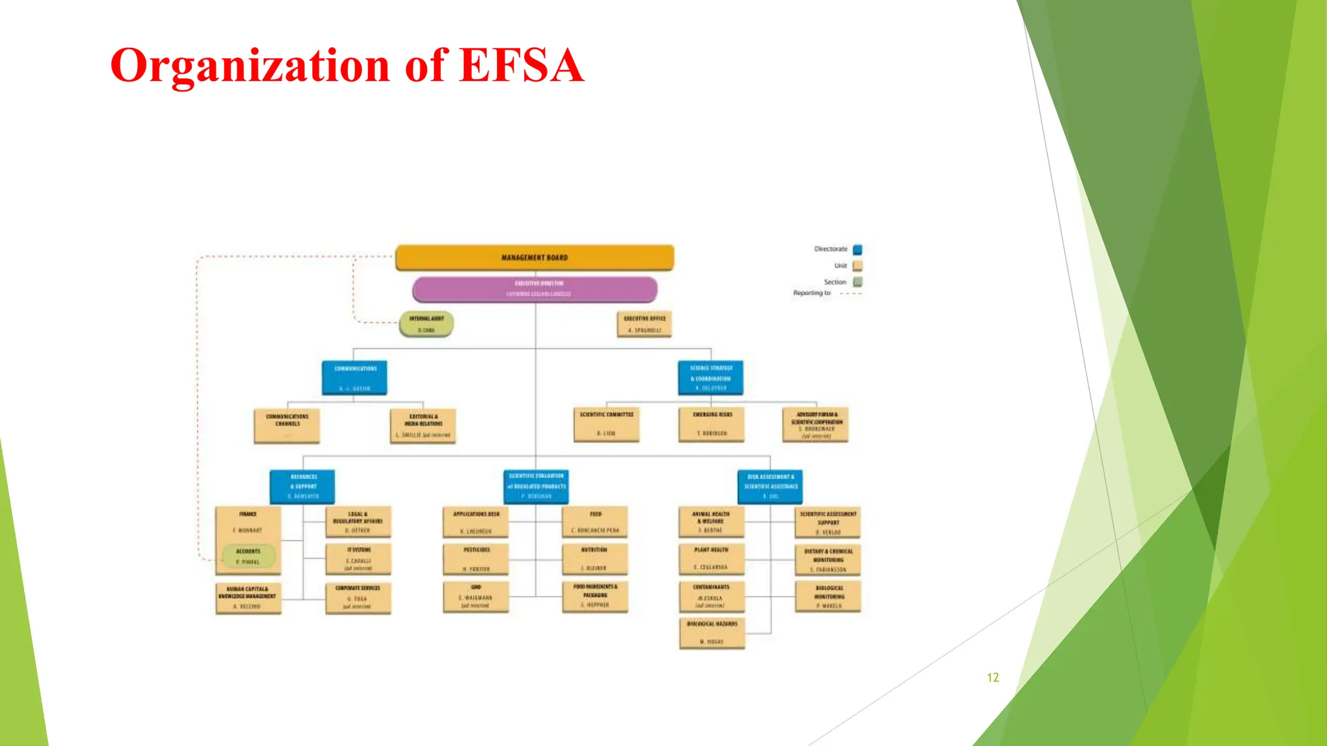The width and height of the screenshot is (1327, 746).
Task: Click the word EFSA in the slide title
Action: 521,65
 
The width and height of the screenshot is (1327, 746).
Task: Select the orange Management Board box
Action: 535,257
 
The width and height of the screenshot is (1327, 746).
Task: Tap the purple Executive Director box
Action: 535,289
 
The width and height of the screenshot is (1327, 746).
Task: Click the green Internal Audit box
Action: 426,324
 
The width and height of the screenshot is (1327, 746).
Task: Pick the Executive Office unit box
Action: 644,324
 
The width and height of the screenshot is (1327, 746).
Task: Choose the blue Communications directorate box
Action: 354,378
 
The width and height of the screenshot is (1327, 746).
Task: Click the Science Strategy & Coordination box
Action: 711,378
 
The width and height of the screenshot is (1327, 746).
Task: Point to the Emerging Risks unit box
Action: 711,424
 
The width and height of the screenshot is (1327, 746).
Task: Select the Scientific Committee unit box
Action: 606,424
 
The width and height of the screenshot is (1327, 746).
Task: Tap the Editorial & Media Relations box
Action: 423,425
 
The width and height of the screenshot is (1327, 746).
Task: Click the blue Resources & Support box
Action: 303,486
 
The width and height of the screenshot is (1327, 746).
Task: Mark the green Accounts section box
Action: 248,556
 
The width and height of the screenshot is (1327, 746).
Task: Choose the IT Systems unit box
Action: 358,559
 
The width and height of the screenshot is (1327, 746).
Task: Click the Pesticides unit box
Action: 476,559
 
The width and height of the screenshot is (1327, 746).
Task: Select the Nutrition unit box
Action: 595,559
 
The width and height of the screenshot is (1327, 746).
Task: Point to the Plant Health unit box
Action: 711,558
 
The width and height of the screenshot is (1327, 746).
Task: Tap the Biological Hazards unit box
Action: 712,633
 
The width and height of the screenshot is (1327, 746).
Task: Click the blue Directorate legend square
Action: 857,249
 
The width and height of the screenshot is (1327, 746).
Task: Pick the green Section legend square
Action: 857,282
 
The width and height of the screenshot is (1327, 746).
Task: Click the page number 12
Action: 993,677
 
